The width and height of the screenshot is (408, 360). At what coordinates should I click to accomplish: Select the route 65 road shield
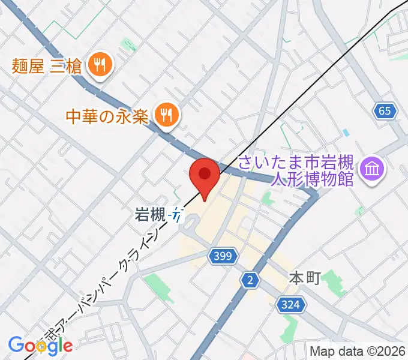385,110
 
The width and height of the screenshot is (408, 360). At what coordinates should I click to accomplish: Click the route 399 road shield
220,257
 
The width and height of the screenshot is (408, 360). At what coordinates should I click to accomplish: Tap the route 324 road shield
289,305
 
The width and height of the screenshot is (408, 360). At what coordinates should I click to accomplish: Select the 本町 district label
305,278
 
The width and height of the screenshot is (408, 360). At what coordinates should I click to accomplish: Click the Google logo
40,345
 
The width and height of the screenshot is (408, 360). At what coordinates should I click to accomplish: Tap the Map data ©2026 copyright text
358,350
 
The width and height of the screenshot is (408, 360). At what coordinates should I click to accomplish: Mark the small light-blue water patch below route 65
345,132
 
